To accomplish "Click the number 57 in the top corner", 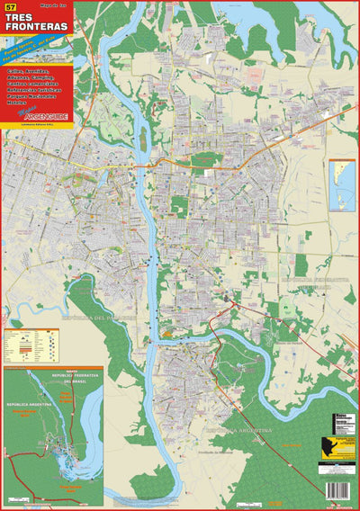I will coord(10,8).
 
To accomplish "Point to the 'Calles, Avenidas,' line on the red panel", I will coord(31,69).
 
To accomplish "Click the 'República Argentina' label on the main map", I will coord(239,433).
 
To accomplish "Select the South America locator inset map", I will coord(342,184).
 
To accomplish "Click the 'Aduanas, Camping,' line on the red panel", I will coord(31,77).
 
